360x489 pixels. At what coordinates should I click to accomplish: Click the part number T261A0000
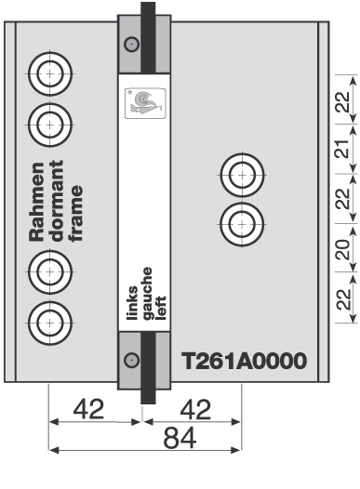click(243, 360)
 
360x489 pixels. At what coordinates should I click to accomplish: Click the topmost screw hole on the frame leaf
click(48, 72)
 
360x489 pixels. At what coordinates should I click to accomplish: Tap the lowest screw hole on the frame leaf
click(48, 322)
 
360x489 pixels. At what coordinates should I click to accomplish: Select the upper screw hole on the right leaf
click(240, 174)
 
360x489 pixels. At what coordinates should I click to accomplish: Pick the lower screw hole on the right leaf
click(240, 222)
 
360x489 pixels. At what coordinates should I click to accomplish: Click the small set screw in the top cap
click(132, 43)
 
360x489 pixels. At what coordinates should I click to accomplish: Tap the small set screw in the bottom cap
click(132, 359)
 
